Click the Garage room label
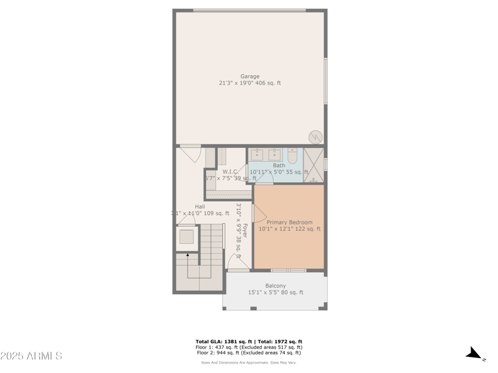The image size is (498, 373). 250,76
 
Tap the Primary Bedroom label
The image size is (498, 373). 289,222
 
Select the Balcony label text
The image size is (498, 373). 275,286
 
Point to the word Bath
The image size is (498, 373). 279,165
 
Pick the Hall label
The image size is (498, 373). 200,206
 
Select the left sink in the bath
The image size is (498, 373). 256,154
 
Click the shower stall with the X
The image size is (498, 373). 313,165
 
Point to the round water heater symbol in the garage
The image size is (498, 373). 316,137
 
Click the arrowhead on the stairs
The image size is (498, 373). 187,255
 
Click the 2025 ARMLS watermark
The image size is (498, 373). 31,356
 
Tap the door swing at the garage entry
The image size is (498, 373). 190,154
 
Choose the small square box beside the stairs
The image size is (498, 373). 186,236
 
